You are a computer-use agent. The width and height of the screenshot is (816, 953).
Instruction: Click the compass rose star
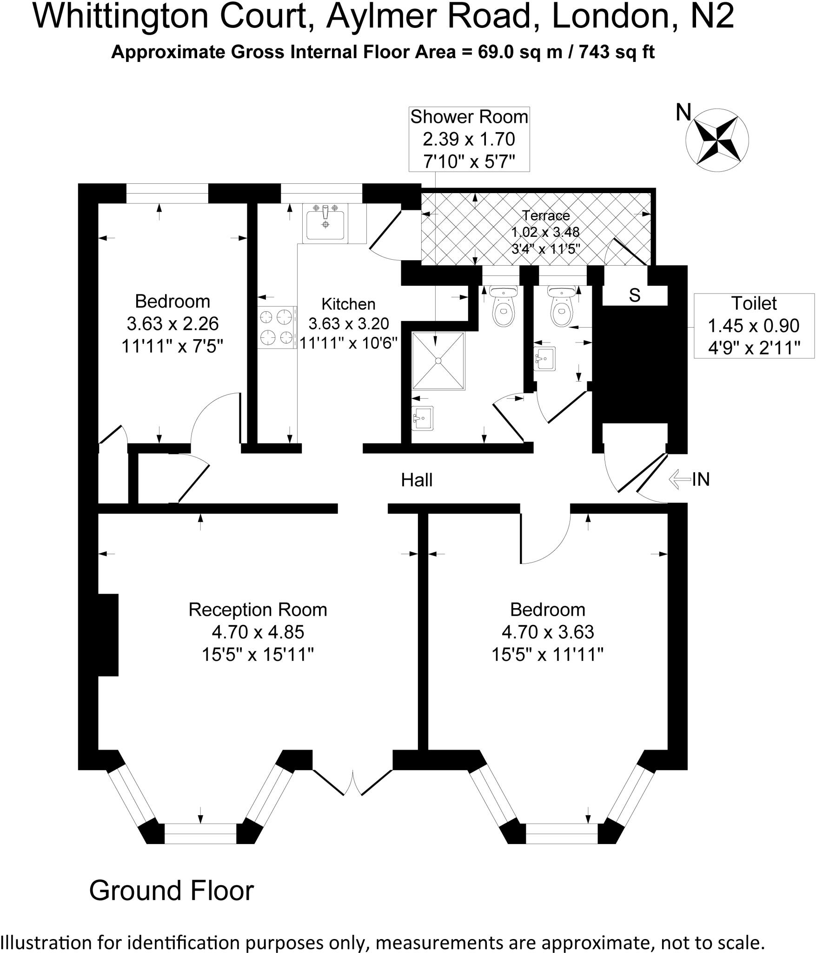[x=717, y=140]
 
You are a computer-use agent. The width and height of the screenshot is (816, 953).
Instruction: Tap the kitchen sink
[x=325, y=224]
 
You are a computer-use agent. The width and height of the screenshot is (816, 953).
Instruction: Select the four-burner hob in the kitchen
[x=277, y=327]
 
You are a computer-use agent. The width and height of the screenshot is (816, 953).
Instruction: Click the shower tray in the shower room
[x=438, y=361]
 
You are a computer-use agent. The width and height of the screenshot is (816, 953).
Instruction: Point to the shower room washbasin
[x=422, y=418]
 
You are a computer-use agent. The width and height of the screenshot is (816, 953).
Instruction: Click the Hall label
[x=417, y=480]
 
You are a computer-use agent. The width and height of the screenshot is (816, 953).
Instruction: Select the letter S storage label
[x=635, y=295]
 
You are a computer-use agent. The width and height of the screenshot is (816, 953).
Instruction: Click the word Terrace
[x=545, y=215]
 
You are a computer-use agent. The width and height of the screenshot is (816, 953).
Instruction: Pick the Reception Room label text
[x=258, y=610]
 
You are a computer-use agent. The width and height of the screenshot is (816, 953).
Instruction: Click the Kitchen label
[x=348, y=304]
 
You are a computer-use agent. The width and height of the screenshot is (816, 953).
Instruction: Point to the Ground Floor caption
[x=171, y=891]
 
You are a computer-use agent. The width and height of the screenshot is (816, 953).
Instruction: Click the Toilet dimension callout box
[x=754, y=325]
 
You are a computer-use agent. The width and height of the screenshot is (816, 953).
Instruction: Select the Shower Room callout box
[x=469, y=139]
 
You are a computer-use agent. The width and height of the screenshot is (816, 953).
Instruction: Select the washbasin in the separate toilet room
[x=544, y=358]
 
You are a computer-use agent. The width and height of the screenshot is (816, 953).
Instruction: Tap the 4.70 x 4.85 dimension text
[x=258, y=632]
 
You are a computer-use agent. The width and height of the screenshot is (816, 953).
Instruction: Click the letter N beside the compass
[x=683, y=112]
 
